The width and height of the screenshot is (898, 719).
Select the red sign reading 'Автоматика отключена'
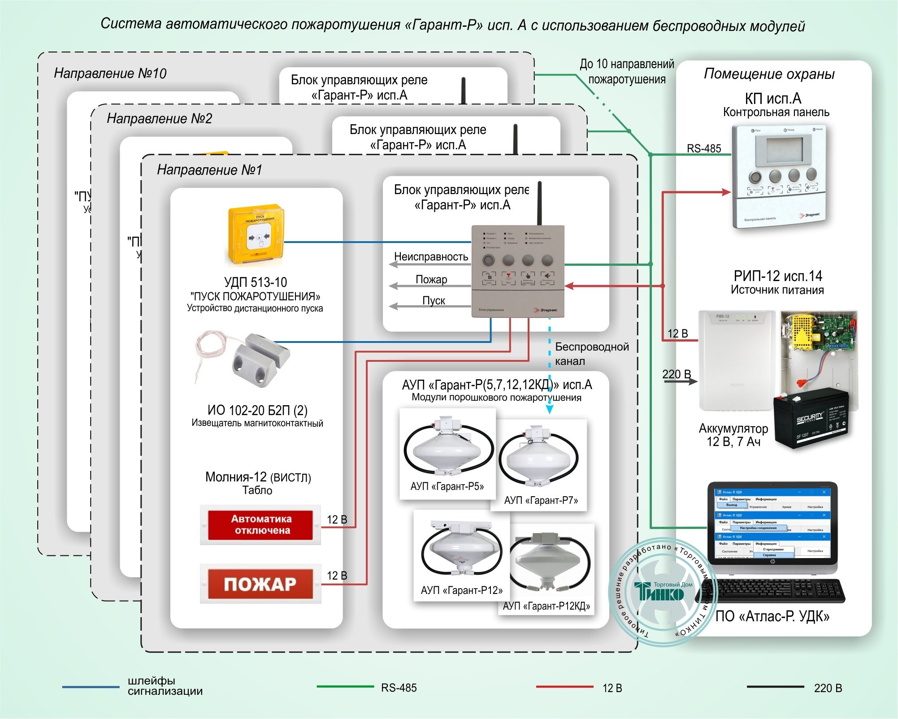pos(260,524)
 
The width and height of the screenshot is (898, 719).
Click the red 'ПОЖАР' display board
pos(260,584)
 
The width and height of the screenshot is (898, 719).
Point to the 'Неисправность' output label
pos(431,256)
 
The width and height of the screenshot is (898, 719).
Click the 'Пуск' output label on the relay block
pos(434,300)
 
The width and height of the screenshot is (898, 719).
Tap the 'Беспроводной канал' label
pos(591,354)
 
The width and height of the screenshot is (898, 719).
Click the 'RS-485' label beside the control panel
pos(704,148)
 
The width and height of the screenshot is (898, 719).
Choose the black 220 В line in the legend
pos(775,687)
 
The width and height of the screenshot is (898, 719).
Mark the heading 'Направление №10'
pos(110,73)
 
